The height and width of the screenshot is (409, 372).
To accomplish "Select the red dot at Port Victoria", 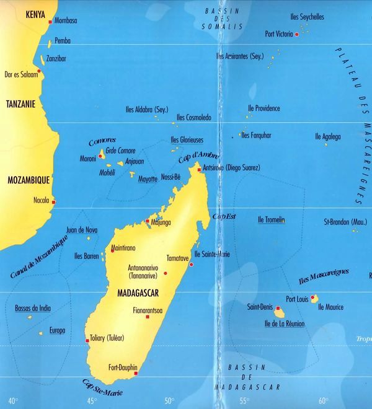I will [297, 35].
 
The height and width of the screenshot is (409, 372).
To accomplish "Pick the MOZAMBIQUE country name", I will [27, 180].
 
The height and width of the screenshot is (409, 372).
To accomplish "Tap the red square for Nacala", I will [53, 201].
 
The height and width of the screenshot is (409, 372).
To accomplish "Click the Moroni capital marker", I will [100, 156].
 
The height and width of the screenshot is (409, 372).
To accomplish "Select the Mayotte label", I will [148, 179].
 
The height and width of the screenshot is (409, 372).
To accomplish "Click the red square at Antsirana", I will [198, 169].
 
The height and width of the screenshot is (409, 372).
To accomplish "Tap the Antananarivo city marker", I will [112, 250].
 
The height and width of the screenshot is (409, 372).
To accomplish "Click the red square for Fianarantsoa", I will [148, 317].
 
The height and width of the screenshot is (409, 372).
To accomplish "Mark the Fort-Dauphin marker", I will [135, 373].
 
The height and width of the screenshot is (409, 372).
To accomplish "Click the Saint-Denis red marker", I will [278, 308].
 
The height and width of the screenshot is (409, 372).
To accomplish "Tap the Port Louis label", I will [297, 298].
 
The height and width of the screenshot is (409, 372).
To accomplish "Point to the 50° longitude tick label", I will [169, 401].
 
